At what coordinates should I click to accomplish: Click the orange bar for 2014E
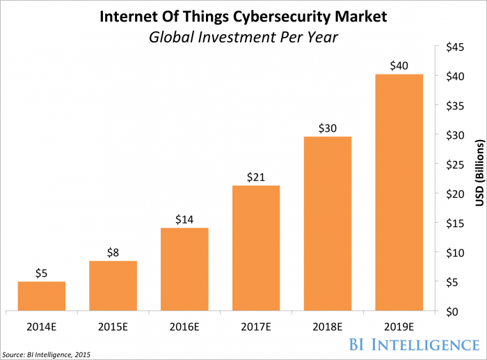point(41,296)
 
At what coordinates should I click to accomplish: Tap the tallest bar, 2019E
point(399,192)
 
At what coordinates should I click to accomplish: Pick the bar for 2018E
point(327,224)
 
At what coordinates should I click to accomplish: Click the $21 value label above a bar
point(255,178)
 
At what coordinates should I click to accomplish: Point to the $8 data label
point(113,253)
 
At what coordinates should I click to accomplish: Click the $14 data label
point(184,220)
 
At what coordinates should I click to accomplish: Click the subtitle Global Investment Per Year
point(243,36)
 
